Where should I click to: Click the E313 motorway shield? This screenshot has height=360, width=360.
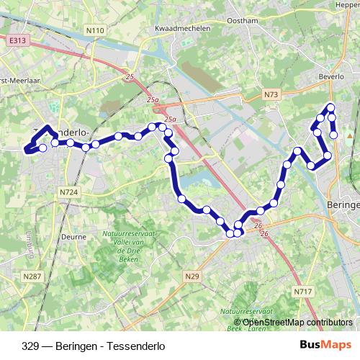coord(18,42)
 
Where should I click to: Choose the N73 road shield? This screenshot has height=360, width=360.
coord(271,94)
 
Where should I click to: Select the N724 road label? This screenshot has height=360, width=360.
coord(69,192)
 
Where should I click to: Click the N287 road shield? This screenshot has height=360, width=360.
coord(32,276)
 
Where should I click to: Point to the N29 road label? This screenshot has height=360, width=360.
coord(192,276)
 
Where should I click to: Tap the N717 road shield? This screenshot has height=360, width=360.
coord(302,291)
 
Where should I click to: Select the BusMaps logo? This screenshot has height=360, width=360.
coord(325,345)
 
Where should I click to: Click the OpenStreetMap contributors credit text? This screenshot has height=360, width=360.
coord(297,322)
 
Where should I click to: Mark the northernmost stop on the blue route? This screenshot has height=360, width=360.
coord(331,108)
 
